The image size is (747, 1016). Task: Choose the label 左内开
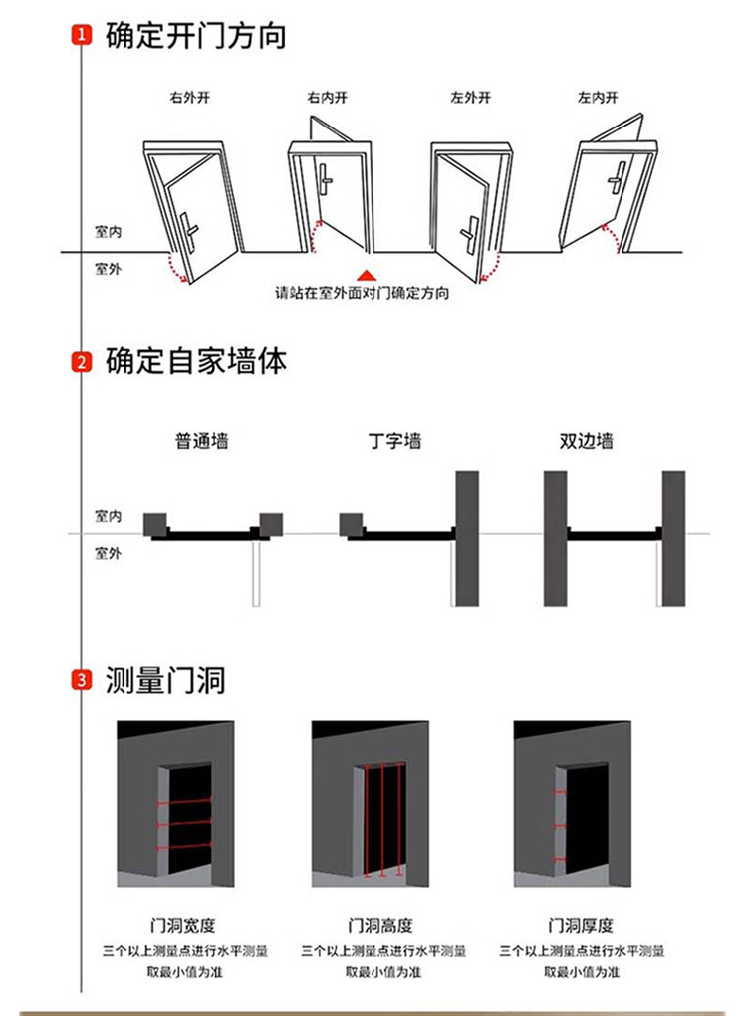click(x=598, y=98)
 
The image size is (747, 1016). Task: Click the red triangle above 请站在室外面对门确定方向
click(x=368, y=274)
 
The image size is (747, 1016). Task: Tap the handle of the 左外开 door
click(x=469, y=231)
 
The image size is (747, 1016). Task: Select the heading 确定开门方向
click(x=196, y=37)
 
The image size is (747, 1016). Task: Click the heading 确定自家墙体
click(x=196, y=361)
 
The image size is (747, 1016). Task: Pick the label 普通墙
click(x=202, y=441)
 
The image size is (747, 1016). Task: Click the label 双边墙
click(x=587, y=441)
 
